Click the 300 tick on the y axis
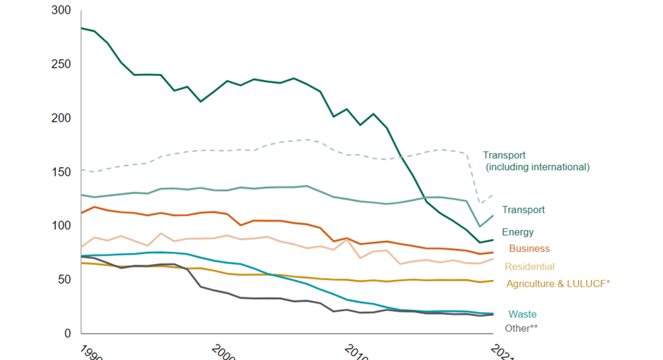(x=62, y=11)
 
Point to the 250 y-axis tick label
(x=62, y=65)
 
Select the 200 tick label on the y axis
(x=62, y=119)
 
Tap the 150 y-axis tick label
(x=62, y=172)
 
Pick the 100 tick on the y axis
(x=62, y=226)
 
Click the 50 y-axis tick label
(x=65, y=280)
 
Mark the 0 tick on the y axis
(x=68, y=333)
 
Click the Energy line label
(x=518, y=233)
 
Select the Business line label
(x=529, y=249)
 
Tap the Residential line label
(x=529, y=267)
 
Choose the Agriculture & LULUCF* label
(x=558, y=284)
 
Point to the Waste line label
(x=522, y=315)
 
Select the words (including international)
(x=537, y=167)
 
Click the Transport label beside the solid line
(x=523, y=210)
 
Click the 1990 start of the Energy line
(x=81, y=28)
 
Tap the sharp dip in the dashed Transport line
(x=480, y=203)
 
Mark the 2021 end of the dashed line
(x=493, y=195)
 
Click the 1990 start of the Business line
(x=81, y=214)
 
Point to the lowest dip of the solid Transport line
(x=479, y=227)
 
